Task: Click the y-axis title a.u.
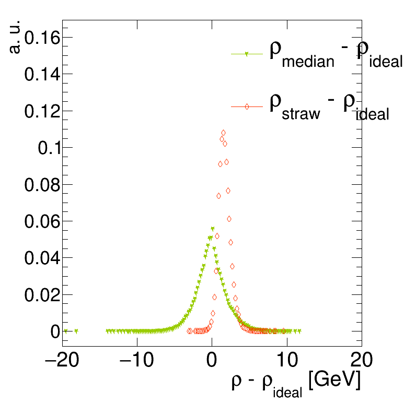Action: click(x=15, y=37)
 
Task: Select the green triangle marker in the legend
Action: click(x=246, y=54)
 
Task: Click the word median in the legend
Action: click(x=308, y=62)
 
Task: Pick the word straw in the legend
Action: click(x=301, y=114)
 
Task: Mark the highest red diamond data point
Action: click(x=223, y=133)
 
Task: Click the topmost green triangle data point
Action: click(x=212, y=229)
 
